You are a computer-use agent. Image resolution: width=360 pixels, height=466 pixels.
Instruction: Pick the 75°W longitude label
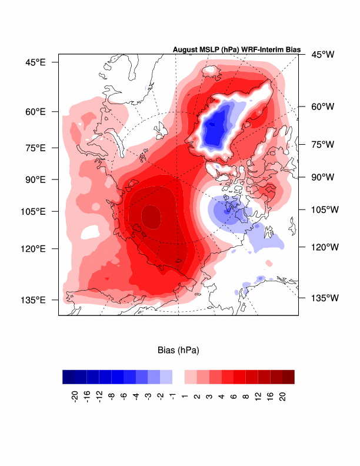click(322, 144)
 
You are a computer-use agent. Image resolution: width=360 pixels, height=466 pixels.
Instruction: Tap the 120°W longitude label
click(325, 247)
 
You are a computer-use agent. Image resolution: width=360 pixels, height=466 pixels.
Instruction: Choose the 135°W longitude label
click(325, 298)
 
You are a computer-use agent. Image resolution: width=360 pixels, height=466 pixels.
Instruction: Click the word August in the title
click(185, 50)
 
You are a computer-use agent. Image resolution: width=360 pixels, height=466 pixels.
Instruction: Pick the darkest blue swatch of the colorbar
click(69, 377)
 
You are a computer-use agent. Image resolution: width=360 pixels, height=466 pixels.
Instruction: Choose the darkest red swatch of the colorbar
click(288, 377)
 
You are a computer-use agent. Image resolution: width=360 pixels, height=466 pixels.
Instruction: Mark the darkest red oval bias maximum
click(151, 217)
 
